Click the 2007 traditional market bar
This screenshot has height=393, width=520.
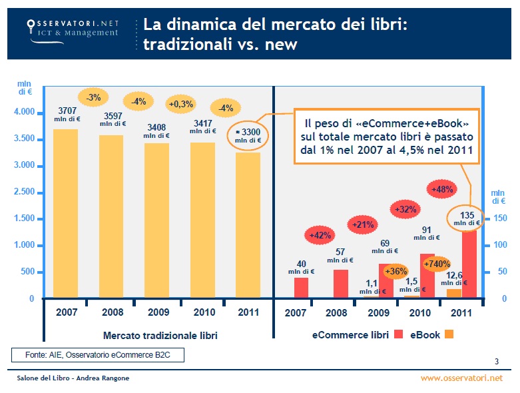(65, 213)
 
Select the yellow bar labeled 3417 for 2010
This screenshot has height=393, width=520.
(202, 220)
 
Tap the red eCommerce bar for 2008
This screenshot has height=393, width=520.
(340, 284)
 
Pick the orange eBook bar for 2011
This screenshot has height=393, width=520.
(453, 293)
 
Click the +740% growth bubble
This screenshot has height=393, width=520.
(436, 264)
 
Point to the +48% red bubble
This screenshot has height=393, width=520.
(442, 189)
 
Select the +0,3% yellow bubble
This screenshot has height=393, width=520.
(180, 104)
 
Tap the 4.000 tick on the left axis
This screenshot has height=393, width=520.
(24, 112)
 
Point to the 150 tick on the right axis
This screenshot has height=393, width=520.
(500, 218)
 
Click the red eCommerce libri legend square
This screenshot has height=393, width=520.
(399, 334)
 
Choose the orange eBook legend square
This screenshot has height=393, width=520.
(449, 334)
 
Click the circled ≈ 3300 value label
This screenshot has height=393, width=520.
(248, 136)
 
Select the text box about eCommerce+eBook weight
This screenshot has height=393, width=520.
(388, 137)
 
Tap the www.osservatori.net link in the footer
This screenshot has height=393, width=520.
(462, 378)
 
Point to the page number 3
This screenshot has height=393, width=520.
(497, 362)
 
